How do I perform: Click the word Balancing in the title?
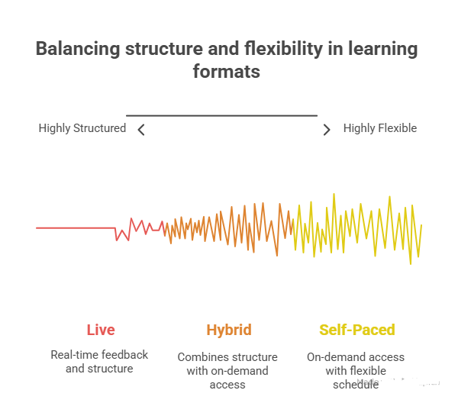click(79, 50)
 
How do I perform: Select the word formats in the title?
click(227, 73)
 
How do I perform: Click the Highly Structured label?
click(82, 128)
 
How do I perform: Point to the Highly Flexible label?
click(380, 128)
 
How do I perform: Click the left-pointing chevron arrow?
click(141, 130)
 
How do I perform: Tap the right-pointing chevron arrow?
click(327, 130)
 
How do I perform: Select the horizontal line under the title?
click(221, 115)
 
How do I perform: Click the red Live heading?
click(101, 330)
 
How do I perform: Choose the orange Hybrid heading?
click(228, 330)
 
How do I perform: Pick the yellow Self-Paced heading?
click(357, 330)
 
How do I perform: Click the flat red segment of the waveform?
click(75, 227)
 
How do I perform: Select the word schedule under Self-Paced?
click(356, 385)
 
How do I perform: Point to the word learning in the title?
click(381, 50)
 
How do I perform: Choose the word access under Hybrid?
click(227, 385)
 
